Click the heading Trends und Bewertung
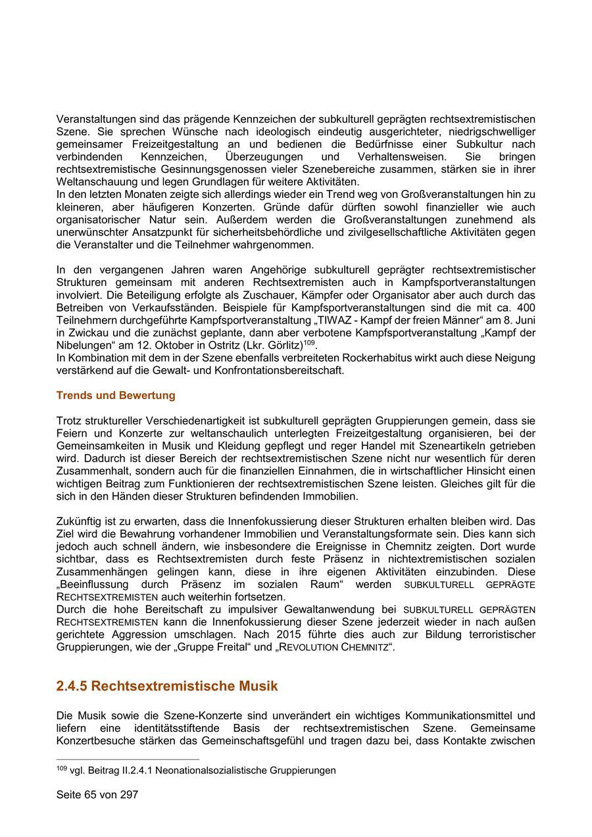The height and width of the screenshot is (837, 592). coord(116,395)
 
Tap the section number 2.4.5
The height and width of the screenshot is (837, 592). coord(72,686)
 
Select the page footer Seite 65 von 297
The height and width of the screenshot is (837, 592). coord(97,794)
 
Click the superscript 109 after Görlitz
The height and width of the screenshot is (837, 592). coord(309,342)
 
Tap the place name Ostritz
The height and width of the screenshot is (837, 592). coord(218,346)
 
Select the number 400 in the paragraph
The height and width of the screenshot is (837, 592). coord(526,308)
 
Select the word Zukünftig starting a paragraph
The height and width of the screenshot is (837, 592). coord(80,521)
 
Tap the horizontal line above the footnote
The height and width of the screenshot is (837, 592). coord(128,759)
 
